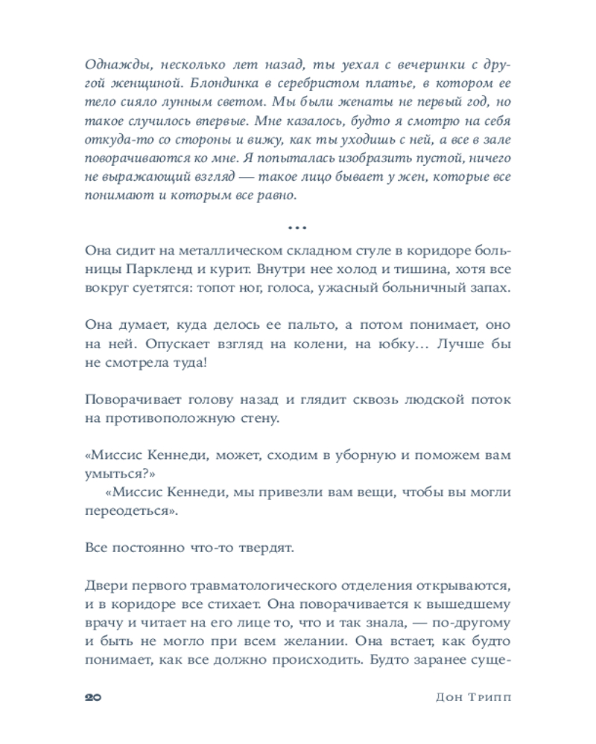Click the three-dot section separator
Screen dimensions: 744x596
(x=297, y=226)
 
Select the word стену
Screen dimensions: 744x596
(x=259, y=418)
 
